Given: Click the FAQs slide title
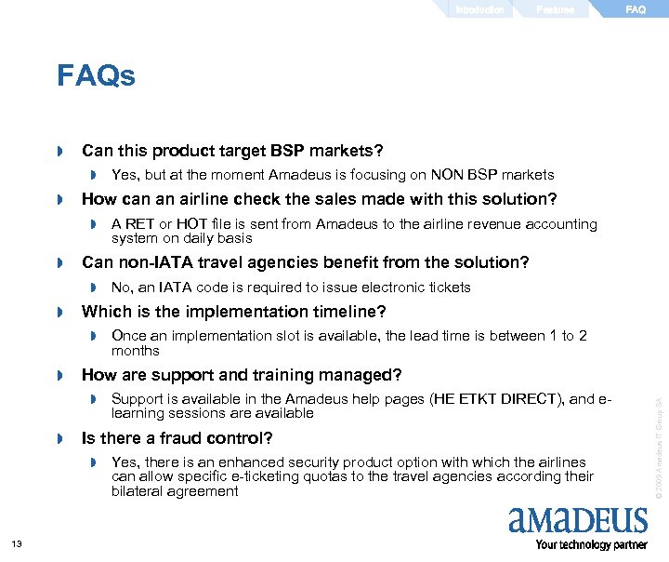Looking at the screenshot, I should (96, 75).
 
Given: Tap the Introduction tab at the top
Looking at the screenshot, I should (479, 9).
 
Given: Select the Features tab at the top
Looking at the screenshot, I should (556, 9).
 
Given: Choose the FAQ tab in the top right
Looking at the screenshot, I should (636, 9).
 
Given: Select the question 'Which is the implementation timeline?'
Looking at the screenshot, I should (233, 312).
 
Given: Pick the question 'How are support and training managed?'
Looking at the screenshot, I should (242, 375).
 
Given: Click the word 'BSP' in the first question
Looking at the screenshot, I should (289, 151).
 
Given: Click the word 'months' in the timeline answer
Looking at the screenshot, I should (136, 351).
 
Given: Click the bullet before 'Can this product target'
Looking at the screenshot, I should (60, 151).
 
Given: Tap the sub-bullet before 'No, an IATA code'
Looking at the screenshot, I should (94, 288).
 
